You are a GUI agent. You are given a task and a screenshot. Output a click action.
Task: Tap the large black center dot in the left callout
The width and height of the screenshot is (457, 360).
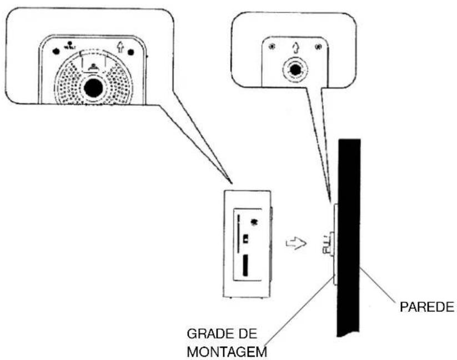[x=93, y=88]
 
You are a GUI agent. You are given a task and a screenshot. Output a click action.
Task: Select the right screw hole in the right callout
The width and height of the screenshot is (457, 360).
[x=317, y=47]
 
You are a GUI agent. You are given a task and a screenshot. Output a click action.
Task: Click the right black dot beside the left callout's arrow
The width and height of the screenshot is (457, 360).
[x=131, y=53]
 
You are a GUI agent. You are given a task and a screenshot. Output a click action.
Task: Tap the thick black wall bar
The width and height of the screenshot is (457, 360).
[x=349, y=233]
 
